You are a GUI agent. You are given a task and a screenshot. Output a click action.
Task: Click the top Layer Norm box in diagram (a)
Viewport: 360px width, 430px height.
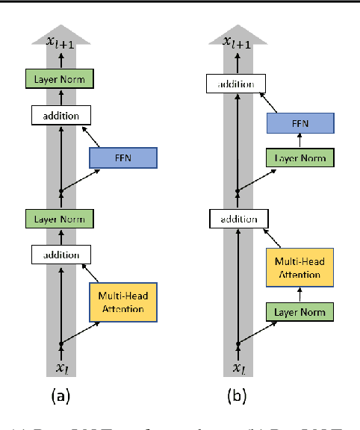pos(61,78)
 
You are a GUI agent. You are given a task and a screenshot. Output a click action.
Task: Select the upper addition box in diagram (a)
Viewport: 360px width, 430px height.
pos(60,115)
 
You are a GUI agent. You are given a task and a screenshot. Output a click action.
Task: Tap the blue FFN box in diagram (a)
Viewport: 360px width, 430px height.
pos(122,158)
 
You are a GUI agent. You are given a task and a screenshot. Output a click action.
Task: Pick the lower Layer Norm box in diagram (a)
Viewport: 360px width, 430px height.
pos(61,219)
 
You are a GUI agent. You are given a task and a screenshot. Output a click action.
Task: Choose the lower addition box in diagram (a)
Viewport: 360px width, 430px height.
pos(60,255)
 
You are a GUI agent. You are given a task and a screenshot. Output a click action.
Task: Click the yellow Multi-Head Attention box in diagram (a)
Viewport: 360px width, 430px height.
pos(122,302)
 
